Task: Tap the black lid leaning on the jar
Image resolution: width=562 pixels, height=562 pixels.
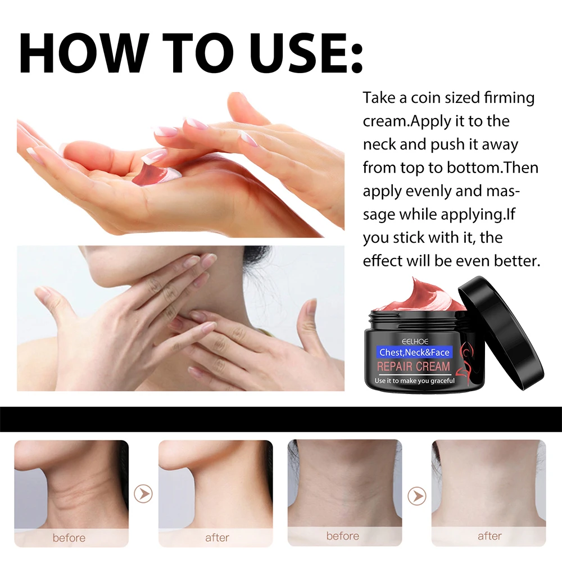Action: (501, 333)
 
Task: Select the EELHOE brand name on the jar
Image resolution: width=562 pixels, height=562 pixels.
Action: (415, 341)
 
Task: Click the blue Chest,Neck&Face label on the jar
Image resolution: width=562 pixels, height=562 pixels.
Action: (414, 352)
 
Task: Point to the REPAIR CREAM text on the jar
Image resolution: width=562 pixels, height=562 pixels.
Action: (413, 366)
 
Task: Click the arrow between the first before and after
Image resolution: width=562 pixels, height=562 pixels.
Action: (143, 494)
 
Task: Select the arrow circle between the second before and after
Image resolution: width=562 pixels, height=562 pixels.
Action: (417, 496)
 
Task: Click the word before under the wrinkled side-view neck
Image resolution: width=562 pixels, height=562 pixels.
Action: (69, 538)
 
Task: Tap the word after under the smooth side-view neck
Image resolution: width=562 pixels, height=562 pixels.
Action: (217, 537)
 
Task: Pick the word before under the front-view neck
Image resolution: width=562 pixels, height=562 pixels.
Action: (343, 536)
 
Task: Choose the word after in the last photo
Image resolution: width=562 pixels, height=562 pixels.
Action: (490, 536)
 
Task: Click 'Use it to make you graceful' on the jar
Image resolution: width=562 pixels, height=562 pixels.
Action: (415, 380)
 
